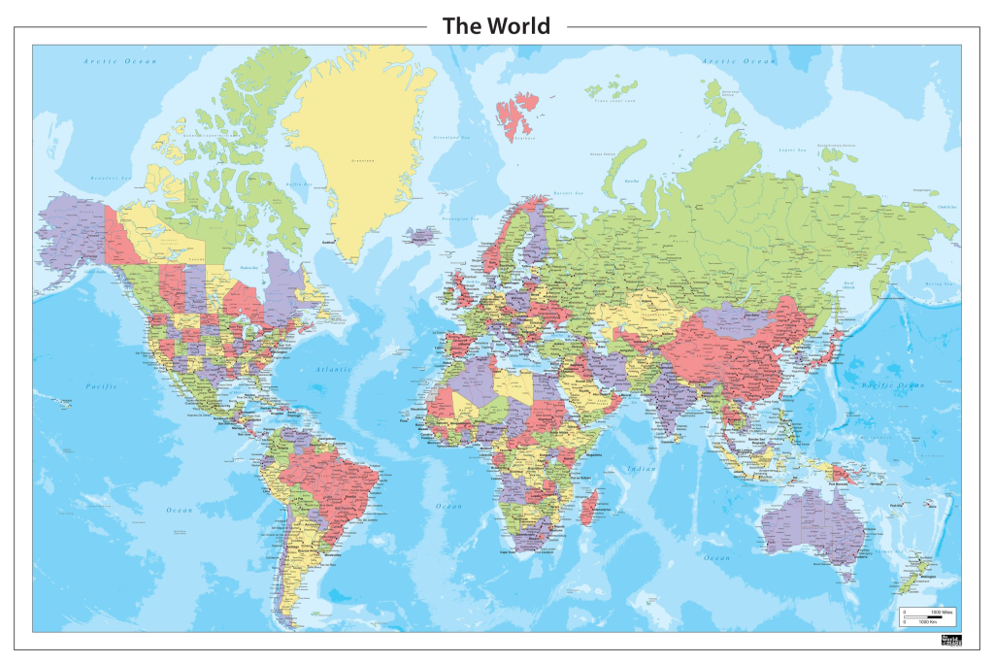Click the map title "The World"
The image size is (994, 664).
(496, 26)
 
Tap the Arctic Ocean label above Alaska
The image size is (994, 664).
(119, 61)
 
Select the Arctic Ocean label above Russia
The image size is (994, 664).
(741, 61)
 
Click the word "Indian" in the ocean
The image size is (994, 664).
(642, 470)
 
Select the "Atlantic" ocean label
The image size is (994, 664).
(333, 370)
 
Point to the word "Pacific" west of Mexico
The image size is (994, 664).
(100, 386)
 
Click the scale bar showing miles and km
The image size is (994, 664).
(928, 616)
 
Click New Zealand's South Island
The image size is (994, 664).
(906, 583)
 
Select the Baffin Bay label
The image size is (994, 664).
(298, 183)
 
